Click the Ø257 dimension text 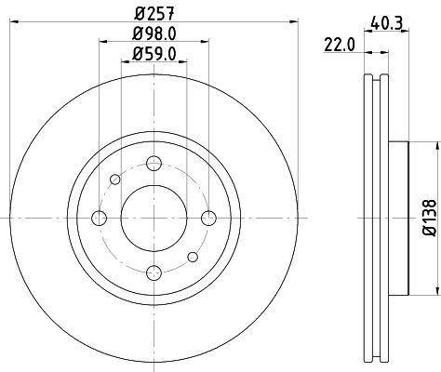(x=152, y=12)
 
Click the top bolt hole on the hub (x=153, y=164)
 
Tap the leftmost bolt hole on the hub (x=99, y=218)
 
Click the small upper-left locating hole (x=114, y=179)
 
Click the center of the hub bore (x=153, y=218)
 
